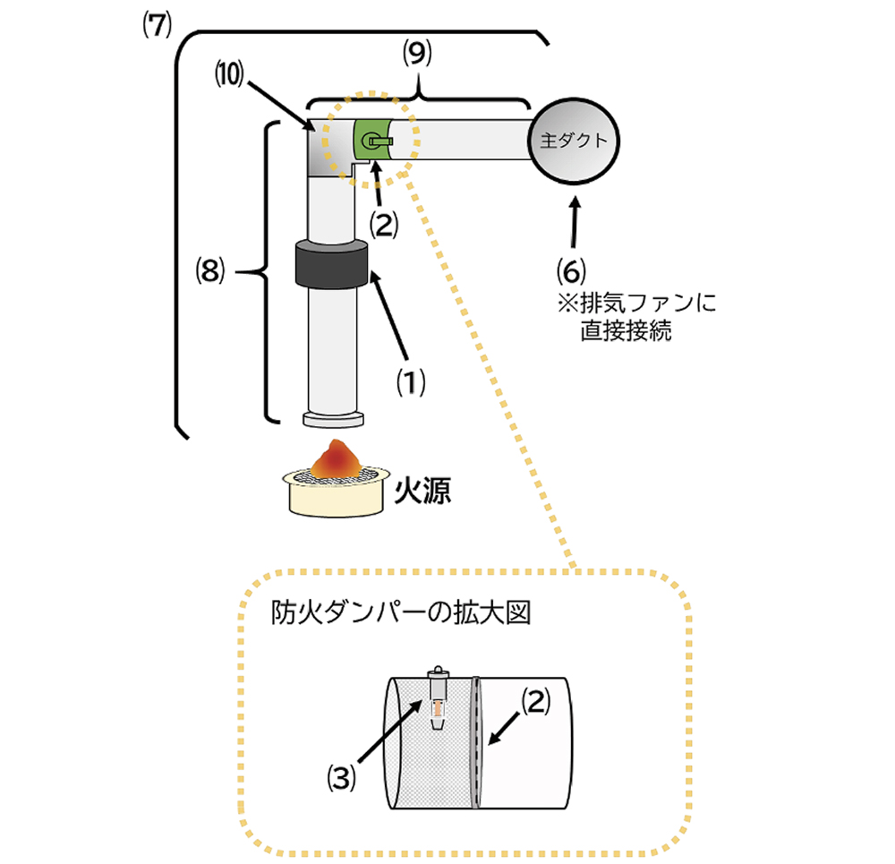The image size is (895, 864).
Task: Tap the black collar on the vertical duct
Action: click(334, 265)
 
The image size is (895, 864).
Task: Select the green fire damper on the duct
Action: click(375, 140)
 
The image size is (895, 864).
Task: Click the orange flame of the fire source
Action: click(338, 458)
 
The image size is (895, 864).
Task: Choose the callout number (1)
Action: click(411, 382)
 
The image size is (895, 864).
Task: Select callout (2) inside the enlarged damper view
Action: click(534, 703)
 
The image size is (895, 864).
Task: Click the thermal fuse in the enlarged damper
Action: click(438, 698)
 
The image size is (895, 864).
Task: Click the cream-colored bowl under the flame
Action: click(337, 497)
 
